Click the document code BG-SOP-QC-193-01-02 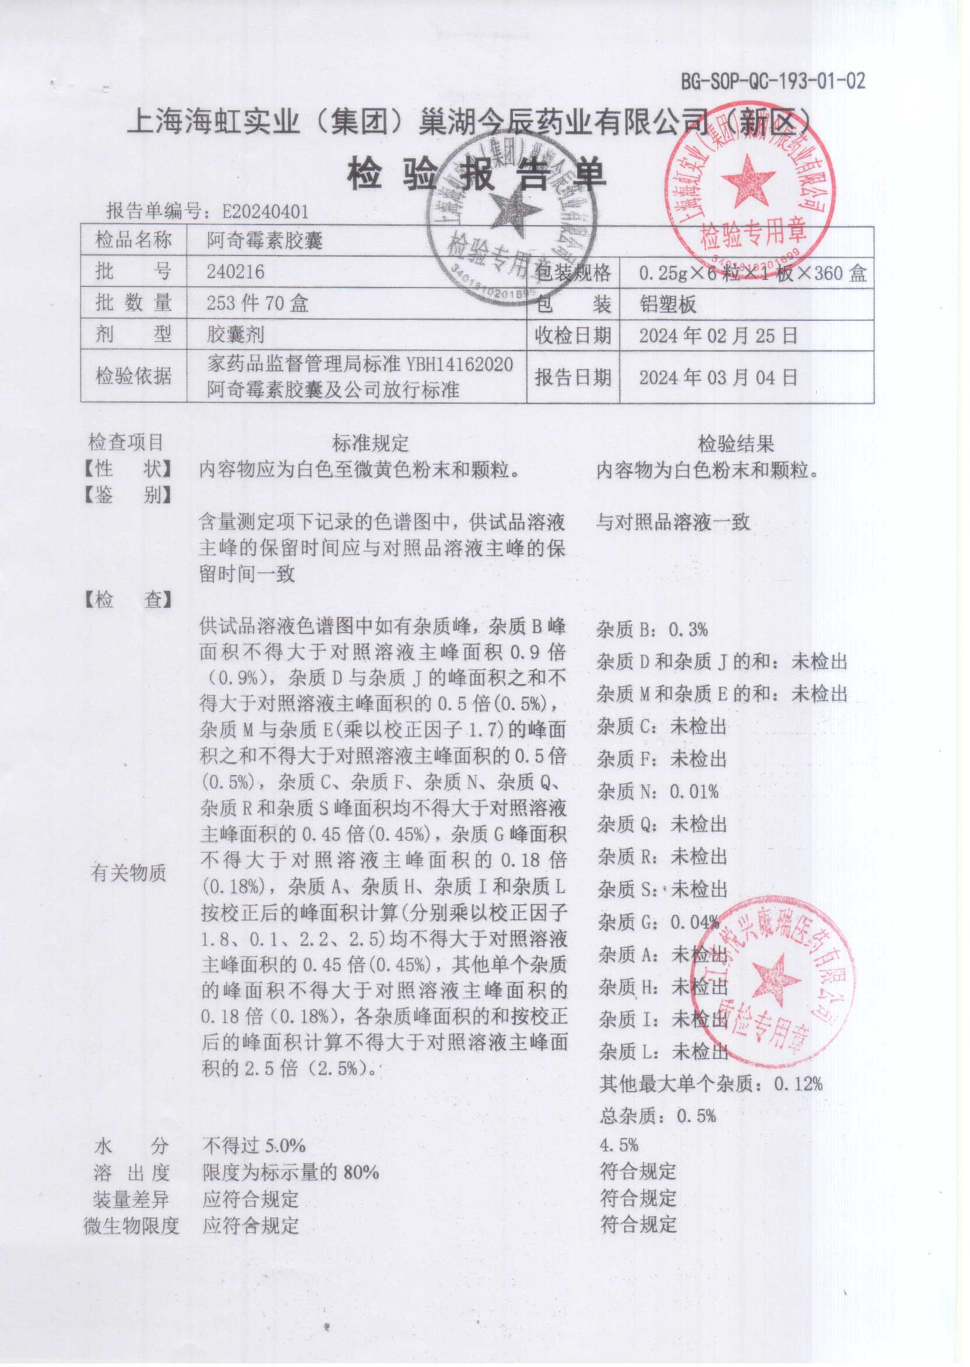[x=772, y=80]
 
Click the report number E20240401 [x=265, y=212]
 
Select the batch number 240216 [x=236, y=272]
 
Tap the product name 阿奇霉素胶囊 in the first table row [x=265, y=241]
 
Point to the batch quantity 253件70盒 [x=257, y=303]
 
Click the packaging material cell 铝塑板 [x=667, y=304]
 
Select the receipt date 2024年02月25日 [x=718, y=336]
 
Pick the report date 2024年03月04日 [x=718, y=377]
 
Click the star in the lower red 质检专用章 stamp [x=775, y=978]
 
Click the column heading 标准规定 [x=370, y=443]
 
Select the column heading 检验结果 [x=736, y=443]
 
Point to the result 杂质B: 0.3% [x=652, y=629]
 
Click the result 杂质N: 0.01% [x=658, y=792]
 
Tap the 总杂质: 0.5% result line [x=657, y=1116]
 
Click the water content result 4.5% [x=619, y=1145]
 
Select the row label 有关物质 [x=128, y=873]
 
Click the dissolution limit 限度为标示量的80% [x=290, y=1172]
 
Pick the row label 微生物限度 [x=131, y=1226]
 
